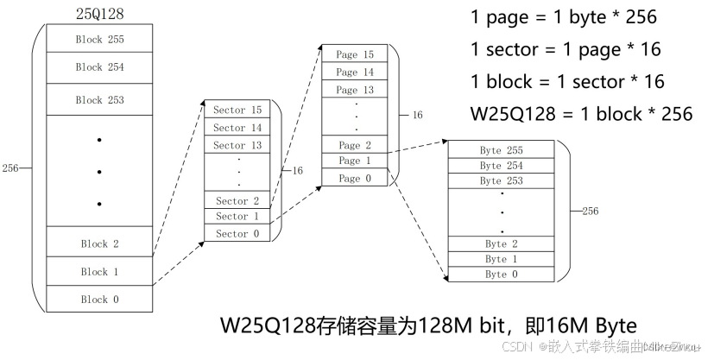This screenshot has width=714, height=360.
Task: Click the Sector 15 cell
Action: pos(237,111)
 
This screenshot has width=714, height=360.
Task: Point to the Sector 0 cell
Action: pos(237,233)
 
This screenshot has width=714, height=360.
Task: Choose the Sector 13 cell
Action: pos(237,145)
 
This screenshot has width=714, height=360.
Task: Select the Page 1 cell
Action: pos(354,161)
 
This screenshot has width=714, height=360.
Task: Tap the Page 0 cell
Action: pos(354,178)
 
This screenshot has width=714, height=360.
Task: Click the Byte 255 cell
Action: pos(502,150)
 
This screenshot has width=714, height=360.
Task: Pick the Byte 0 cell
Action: pos(502,275)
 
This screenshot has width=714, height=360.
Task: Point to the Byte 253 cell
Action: pos(502,180)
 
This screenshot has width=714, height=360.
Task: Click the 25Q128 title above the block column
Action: pos(100,14)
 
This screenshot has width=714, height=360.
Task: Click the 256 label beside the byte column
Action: pos(591,211)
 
